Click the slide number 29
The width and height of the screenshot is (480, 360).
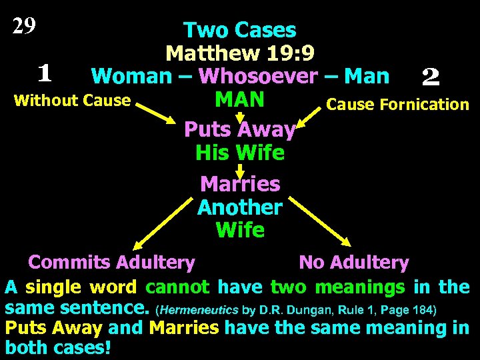[24, 26]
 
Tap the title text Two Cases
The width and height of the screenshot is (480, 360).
[240, 30]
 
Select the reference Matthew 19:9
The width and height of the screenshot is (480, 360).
[240, 53]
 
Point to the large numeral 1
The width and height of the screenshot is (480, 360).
[45, 71]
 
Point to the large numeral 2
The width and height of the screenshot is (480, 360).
[431, 78]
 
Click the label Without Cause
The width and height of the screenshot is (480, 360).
[72, 101]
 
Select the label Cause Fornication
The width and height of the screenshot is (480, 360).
[397, 105]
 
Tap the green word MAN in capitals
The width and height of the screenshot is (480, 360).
[240, 99]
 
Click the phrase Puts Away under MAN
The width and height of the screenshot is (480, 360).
[239, 129]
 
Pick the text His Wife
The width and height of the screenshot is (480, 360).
[240, 153]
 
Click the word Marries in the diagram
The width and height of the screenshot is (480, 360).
[240, 183]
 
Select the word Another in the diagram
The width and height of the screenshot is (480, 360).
[240, 207]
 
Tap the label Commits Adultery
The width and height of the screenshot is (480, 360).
[111, 263]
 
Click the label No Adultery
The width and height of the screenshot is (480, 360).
[353, 263]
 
